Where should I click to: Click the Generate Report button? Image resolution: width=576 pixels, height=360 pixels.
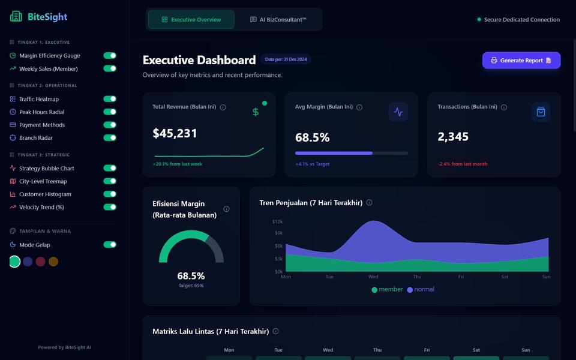(x=521, y=60)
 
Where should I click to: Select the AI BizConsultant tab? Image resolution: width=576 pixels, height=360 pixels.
(x=278, y=19)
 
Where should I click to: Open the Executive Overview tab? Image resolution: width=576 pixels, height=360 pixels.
(x=191, y=19)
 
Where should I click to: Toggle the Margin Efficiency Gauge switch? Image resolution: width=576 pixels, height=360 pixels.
(x=110, y=55)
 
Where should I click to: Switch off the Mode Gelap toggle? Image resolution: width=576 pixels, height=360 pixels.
(x=110, y=245)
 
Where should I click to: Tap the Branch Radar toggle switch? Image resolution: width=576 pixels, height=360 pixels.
(x=110, y=138)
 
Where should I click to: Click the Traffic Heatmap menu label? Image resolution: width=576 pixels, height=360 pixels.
(x=39, y=99)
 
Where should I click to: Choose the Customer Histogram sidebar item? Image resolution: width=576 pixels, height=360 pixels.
(x=45, y=194)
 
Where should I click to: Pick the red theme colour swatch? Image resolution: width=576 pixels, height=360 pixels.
(x=40, y=262)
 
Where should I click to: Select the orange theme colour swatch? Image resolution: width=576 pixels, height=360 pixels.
(x=53, y=262)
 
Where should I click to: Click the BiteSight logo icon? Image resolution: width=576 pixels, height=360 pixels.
(x=16, y=17)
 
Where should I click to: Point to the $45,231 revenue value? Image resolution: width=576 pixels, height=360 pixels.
(x=175, y=133)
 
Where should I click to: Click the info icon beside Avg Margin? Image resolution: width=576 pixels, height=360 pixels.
(x=359, y=107)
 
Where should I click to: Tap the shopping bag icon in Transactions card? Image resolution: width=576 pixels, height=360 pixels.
(x=541, y=112)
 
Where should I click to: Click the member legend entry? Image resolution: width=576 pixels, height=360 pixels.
(x=387, y=289)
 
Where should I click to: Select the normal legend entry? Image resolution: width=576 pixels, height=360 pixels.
(x=421, y=289)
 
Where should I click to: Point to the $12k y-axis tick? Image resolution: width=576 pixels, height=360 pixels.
(x=277, y=221)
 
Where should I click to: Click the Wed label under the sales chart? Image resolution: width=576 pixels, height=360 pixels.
(x=373, y=277)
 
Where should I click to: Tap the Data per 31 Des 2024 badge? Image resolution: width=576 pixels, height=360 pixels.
(x=286, y=59)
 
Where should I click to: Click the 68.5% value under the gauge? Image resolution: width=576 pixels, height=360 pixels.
(x=191, y=276)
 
